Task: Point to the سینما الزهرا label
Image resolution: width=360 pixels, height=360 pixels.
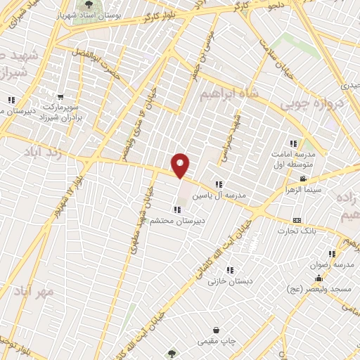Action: (302, 189)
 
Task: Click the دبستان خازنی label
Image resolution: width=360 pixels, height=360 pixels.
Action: (229, 280)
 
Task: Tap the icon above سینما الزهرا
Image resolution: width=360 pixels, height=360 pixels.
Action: (303, 179)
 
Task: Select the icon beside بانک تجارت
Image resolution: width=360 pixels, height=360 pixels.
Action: (296, 220)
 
